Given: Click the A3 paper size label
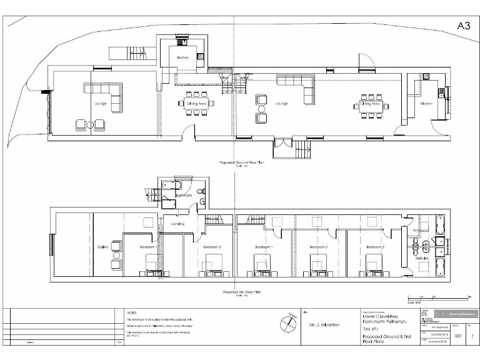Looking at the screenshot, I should [x=463, y=26].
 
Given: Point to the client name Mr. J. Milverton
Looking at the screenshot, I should [x=323, y=326].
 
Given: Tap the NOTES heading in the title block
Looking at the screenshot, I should [x=131, y=311].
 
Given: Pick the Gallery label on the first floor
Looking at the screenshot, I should [x=103, y=247].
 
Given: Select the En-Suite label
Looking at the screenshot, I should [x=421, y=257].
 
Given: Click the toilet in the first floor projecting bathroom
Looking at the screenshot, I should [x=199, y=191].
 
